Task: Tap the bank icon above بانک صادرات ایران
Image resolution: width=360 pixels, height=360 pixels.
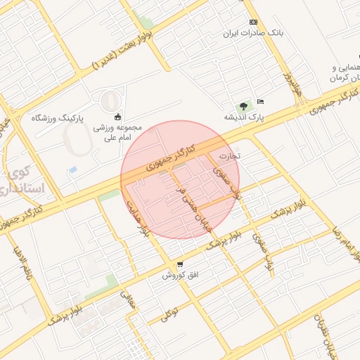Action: [x=253, y=22]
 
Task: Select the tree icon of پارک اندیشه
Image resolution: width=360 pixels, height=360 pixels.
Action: [x=243, y=106]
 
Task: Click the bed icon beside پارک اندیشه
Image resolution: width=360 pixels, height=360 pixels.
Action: [x=260, y=102]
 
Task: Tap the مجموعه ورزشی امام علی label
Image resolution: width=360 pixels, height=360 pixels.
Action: [x=118, y=133]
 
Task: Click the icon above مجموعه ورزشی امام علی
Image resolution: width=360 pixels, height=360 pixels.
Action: [x=117, y=117]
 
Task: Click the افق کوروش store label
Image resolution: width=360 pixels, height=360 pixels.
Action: [x=181, y=275]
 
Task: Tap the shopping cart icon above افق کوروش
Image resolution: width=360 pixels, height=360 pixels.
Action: [x=181, y=264]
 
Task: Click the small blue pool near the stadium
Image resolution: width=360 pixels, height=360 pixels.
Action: [x=72, y=170]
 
